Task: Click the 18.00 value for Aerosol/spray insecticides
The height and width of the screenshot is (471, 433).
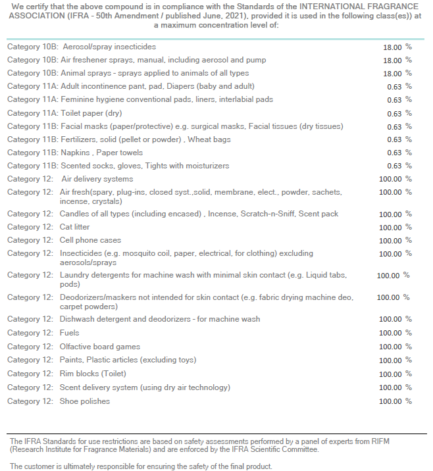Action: [x=392, y=47]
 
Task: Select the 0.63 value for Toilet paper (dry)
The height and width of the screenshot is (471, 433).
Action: [x=394, y=114]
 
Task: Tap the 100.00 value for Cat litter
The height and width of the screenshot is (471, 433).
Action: [x=390, y=228]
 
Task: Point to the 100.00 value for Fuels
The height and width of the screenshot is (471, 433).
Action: [x=390, y=333]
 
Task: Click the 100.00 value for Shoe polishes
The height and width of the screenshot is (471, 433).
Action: [x=390, y=401]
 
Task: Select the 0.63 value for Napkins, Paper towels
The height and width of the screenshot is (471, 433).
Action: [x=394, y=153]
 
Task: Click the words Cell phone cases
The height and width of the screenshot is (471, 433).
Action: [x=90, y=240]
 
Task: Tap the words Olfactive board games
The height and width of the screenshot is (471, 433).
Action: [x=100, y=347]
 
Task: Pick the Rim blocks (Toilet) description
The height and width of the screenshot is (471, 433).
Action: [x=93, y=374]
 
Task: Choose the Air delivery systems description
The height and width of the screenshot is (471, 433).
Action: [x=97, y=179]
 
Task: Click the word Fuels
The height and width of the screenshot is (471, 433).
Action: [x=69, y=333]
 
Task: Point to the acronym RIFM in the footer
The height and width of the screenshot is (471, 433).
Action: [x=380, y=441]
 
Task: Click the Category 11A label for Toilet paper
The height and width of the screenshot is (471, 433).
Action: [x=32, y=113]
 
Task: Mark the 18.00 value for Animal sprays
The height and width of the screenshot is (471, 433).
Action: [x=392, y=74]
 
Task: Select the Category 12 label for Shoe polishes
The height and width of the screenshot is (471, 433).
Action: [x=30, y=401]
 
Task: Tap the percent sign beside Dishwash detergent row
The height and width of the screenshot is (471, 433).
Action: [x=409, y=319]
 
